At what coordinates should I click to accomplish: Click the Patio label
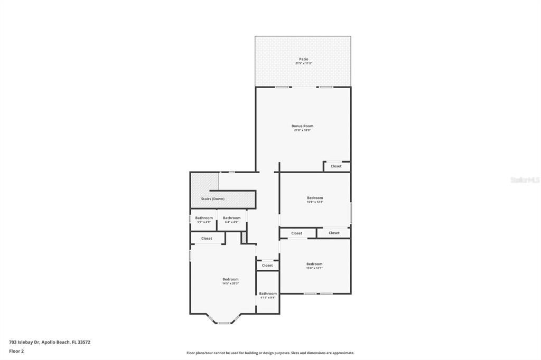(x=303, y=59)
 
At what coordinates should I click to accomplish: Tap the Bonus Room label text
(x=302, y=126)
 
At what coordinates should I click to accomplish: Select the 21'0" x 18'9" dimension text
(x=302, y=130)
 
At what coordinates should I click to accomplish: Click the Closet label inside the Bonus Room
(x=336, y=166)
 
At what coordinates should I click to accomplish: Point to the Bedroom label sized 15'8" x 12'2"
(x=315, y=198)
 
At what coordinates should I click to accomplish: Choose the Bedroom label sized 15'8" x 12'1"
(x=314, y=264)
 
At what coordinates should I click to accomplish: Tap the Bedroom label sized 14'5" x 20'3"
(x=230, y=279)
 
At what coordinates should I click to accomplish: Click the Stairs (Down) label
(x=213, y=199)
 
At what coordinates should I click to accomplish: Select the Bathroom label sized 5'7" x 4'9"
(x=204, y=218)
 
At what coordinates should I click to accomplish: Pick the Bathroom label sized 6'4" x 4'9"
(x=231, y=218)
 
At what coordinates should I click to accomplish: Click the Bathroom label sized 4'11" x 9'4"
(x=268, y=293)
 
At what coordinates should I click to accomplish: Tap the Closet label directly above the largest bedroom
(x=207, y=239)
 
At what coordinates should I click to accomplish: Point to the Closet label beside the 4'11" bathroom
(x=267, y=266)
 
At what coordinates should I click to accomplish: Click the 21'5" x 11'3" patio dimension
(x=303, y=63)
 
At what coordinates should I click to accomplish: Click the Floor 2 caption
(x=16, y=351)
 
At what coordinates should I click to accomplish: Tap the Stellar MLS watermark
(x=525, y=180)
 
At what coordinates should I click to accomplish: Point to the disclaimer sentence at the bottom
(x=270, y=353)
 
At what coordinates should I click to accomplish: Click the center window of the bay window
(x=224, y=323)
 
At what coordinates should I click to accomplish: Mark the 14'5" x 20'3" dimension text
(x=230, y=283)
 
